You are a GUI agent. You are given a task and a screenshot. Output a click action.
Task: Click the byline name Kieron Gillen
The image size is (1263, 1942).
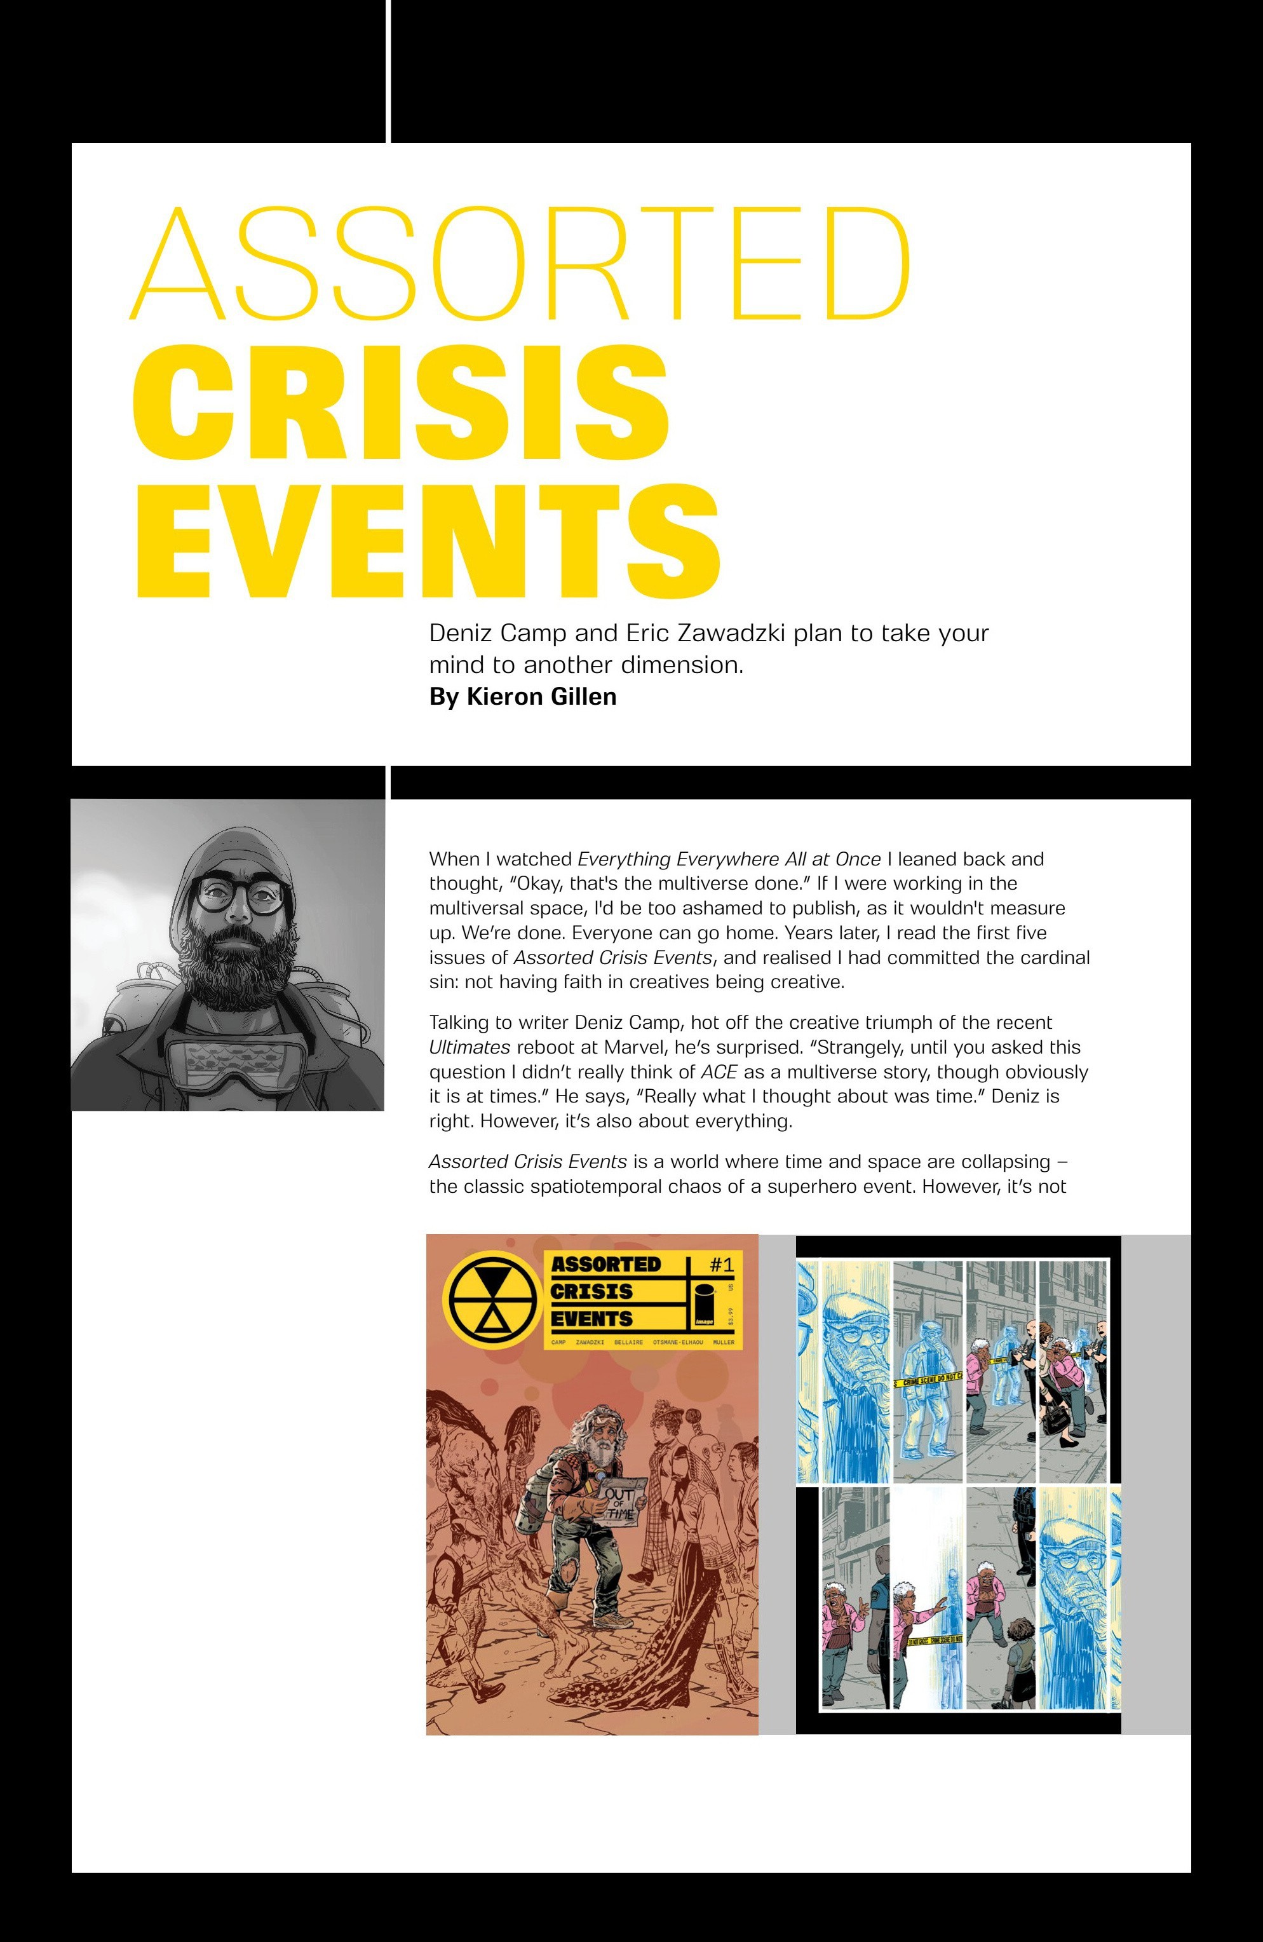(541, 697)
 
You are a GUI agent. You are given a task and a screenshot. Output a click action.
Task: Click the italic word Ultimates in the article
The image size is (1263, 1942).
(469, 1048)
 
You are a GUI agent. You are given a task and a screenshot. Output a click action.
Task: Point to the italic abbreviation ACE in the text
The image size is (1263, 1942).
(719, 1072)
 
